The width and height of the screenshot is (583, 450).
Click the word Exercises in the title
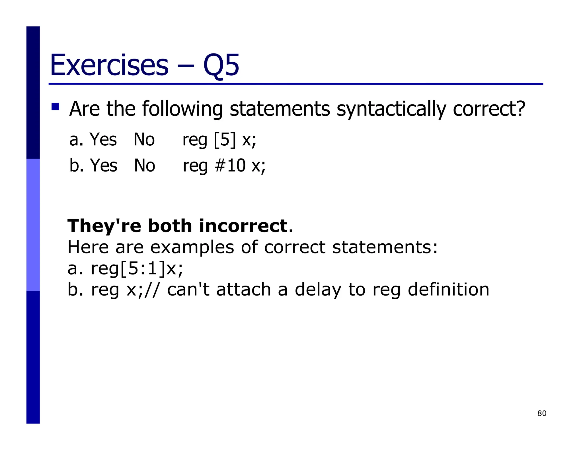coord(109,65)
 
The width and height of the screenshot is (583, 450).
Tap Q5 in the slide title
coord(221,66)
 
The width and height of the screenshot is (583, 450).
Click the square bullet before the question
coord(55,107)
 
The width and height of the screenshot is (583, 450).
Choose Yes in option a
coord(103,140)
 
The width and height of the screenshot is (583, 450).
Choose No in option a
coord(144,140)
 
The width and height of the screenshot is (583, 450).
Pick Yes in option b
coord(103,166)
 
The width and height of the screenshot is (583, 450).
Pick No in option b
coord(144,166)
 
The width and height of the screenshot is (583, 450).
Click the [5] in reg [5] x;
coord(225,140)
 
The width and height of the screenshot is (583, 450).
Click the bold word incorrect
coord(243,226)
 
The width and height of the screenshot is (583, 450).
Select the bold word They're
coord(104,226)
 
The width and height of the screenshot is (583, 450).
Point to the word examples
coord(192,247)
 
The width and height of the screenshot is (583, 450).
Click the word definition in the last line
coord(448,290)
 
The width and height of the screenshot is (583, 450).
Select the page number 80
coord(542,413)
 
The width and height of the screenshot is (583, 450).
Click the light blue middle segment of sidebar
coord(33,225)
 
